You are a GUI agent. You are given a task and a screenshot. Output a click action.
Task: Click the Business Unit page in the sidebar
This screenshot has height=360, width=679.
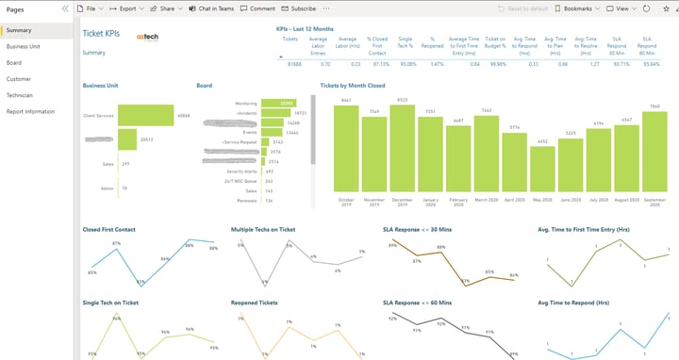(24, 45)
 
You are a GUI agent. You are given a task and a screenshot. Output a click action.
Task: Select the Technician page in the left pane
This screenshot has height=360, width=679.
(21, 94)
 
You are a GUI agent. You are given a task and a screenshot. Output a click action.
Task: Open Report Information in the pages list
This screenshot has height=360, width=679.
(31, 111)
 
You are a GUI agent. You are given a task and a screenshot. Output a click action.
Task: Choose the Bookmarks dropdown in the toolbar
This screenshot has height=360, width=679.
(575, 8)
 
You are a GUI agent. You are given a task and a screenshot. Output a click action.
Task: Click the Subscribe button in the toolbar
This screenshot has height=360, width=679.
(300, 8)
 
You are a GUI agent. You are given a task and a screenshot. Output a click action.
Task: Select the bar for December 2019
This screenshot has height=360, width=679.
(402, 148)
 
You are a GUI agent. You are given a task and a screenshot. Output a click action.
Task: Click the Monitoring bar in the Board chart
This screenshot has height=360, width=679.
(277, 103)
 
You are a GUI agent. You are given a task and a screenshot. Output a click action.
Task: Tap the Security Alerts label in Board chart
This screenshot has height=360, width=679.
(242, 172)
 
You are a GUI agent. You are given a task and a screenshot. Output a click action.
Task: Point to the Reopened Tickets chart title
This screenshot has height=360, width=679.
(254, 303)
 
